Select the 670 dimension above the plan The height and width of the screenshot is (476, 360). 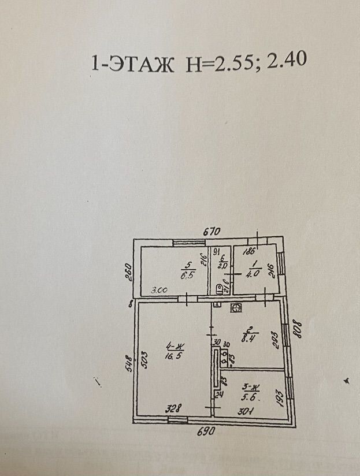click(x=212, y=231)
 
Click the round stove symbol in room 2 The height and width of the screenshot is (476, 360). click(x=236, y=308)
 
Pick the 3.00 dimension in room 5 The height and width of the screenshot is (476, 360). click(x=159, y=291)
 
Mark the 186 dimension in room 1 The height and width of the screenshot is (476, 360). click(x=250, y=252)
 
